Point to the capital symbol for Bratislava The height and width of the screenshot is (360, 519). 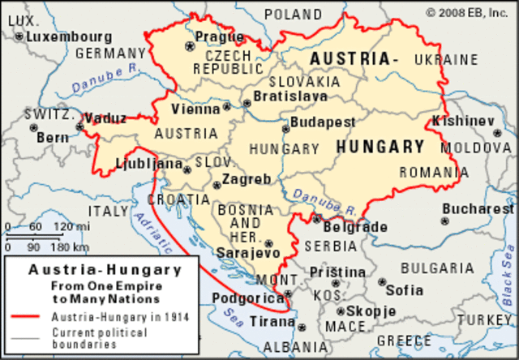247,104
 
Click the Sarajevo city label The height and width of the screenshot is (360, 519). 248,253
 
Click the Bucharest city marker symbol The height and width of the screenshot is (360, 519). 444,220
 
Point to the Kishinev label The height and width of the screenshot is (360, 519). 463,120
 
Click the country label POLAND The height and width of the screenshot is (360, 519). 293,14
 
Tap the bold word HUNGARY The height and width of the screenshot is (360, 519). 380,147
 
